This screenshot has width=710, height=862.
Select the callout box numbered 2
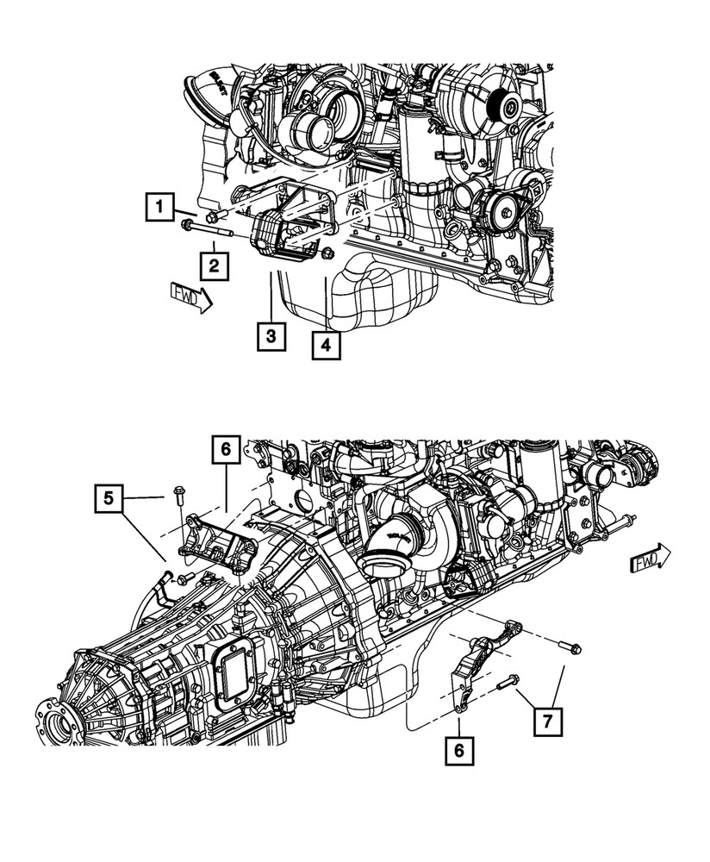click(x=215, y=262)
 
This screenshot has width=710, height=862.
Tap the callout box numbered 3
click(x=271, y=335)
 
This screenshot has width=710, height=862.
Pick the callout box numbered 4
click(x=325, y=346)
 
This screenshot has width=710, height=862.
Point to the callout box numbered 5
click(x=109, y=497)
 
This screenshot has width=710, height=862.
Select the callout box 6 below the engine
click(x=459, y=751)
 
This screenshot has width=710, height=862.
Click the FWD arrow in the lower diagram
click(x=651, y=560)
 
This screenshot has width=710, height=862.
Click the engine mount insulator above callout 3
click(x=275, y=238)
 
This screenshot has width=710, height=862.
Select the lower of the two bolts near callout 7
click(x=507, y=684)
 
